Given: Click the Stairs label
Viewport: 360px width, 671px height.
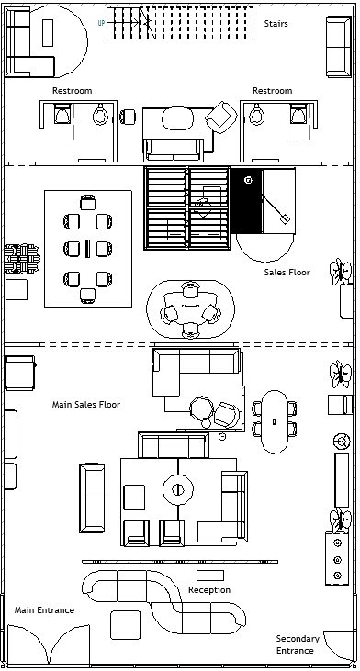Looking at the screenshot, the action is click(x=276, y=23).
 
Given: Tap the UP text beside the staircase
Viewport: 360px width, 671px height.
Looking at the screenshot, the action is click(x=101, y=23).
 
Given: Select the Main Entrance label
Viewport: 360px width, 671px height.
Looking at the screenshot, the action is click(x=44, y=609).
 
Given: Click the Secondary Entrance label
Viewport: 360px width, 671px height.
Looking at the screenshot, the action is click(x=298, y=644).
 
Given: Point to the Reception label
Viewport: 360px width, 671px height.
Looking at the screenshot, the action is click(x=209, y=590).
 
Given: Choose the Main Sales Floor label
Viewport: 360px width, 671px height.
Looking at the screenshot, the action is click(x=86, y=404).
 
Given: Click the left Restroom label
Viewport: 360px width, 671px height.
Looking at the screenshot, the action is click(x=72, y=90).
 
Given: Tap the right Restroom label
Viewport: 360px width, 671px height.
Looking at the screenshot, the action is click(x=272, y=90).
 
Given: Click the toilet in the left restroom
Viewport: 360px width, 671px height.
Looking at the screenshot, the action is click(x=101, y=114).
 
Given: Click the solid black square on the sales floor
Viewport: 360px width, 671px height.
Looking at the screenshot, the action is click(x=246, y=200).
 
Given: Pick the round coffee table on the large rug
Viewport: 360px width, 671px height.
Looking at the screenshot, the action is click(x=177, y=489).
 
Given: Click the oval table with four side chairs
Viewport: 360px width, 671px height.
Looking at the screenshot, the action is click(x=275, y=421).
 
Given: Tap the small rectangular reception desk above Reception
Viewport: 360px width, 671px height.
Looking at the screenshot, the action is click(x=210, y=576).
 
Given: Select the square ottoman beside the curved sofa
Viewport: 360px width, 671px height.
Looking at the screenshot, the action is click(x=125, y=625).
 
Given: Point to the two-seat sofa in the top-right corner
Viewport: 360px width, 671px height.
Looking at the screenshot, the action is click(x=339, y=47).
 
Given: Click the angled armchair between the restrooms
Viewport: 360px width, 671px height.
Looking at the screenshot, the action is click(x=221, y=117).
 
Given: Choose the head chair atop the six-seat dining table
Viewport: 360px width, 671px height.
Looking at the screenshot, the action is click(x=88, y=203).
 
